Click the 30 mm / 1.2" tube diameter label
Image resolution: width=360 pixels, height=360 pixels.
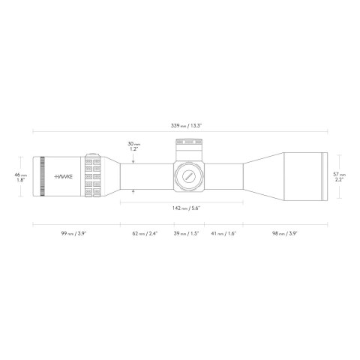(x=133, y=145)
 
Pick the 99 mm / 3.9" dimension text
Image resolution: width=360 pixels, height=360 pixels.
(x=76, y=234)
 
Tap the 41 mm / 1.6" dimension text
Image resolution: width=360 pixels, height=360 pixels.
(x=223, y=234)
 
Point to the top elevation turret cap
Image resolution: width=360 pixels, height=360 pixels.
(x=187, y=145)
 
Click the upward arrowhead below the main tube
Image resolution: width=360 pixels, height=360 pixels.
(x=133, y=192)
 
